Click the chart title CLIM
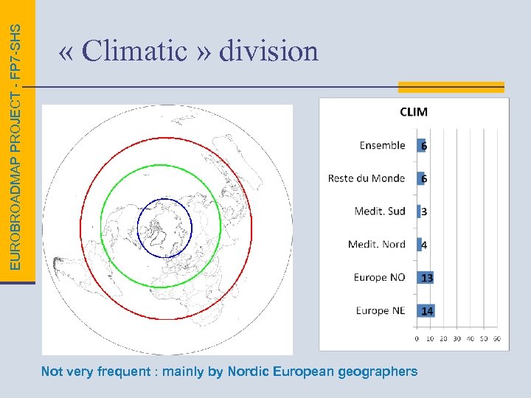coord(413,112)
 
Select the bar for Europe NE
coord(426,310)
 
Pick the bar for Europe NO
coord(426,277)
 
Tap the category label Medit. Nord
coord(376,244)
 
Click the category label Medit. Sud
coord(379,211)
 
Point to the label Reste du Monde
coord(367,178)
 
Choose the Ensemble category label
coord(382,145)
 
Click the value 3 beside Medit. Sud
coord(424,212)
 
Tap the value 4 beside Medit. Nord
coord(424,245)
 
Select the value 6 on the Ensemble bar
coord(424,146)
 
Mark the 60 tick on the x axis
coord(496,338)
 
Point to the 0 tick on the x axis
coord(417,338)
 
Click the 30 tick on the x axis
coord(457,338)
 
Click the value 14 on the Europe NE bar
coord(427,311)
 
